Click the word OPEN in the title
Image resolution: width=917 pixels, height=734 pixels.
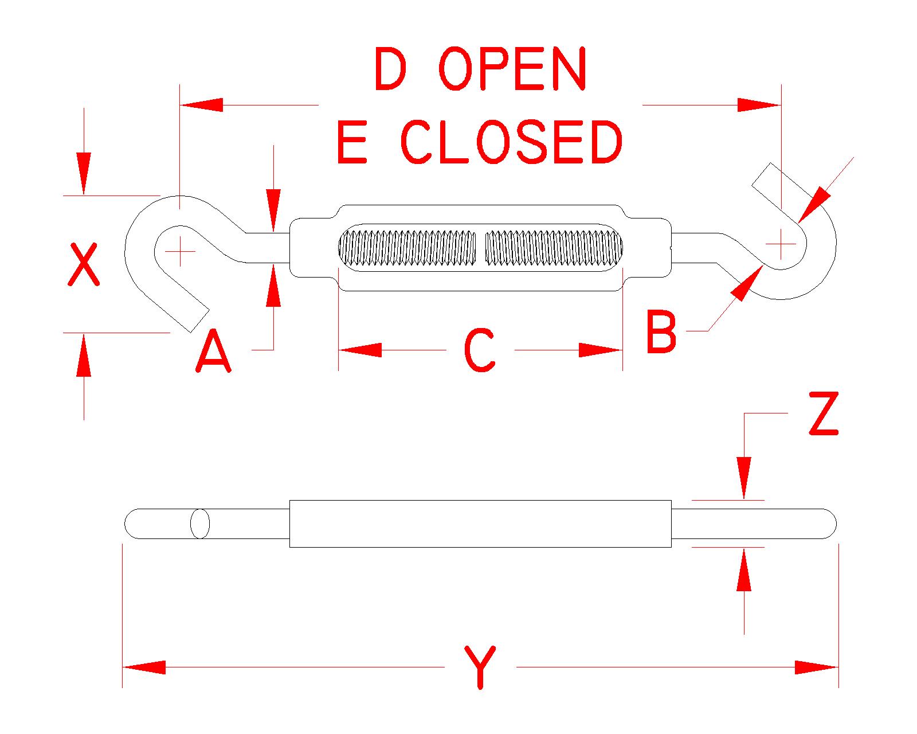tap(513, 69)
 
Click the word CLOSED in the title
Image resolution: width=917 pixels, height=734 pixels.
tap(511, 142)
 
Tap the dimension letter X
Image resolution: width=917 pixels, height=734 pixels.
tap(84, 264)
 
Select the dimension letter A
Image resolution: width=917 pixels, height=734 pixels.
tap(213, 351)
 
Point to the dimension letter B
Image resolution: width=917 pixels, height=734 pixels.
tap(661, 331)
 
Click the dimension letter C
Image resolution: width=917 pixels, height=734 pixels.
tap(479, 350)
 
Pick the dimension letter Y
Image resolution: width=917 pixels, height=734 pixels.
tap(480, 667)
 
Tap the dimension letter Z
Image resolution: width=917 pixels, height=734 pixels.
tap(823, 414)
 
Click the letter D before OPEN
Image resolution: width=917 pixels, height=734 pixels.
tap(390, 69)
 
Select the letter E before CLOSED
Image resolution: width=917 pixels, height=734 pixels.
tap(351, 142)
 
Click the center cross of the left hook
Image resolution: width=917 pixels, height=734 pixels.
tap(180, 251)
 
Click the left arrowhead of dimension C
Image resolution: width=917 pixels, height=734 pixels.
tap(360, 350)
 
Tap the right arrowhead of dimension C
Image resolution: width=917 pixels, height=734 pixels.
tap(601, 350)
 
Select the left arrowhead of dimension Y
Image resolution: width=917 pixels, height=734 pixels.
tap(144, 667)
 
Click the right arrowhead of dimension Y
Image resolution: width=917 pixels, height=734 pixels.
tap(817, 667)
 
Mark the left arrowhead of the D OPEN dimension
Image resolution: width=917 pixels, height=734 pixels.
tap(201, 105)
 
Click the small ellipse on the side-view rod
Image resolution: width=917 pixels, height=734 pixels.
tap(200, 524)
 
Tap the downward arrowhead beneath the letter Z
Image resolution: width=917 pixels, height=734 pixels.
tap(744, 477)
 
